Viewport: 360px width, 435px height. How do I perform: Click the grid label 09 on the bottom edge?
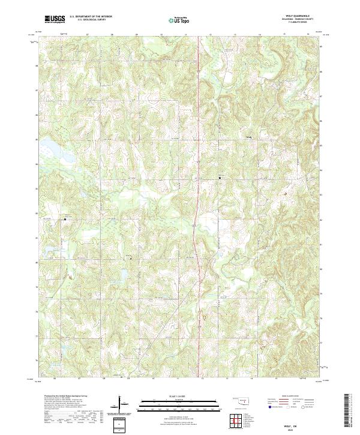129,379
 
